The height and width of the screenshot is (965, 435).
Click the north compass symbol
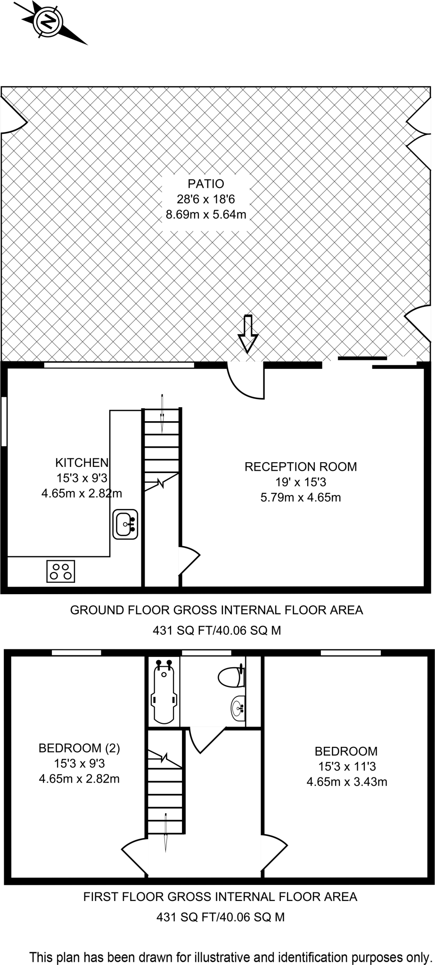pos(48,21)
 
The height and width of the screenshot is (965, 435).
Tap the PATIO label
pos(206,184)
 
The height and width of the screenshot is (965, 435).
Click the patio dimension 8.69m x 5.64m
pos(206,215)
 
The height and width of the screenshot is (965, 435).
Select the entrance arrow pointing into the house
pos(247,334)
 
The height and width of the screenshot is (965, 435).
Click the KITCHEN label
pos(82,462)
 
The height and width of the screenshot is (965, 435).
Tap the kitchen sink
pos(125,524)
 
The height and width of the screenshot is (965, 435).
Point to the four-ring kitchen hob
pos(61,571)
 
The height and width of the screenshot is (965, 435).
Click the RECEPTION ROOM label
pos(301,466)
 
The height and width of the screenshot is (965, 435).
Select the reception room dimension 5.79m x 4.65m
pos(301,497)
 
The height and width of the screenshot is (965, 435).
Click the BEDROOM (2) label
pos(79,748)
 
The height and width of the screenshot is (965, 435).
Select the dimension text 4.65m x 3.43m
pos(347,782)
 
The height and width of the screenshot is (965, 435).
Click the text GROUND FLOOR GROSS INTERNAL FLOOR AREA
pos(216,610)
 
